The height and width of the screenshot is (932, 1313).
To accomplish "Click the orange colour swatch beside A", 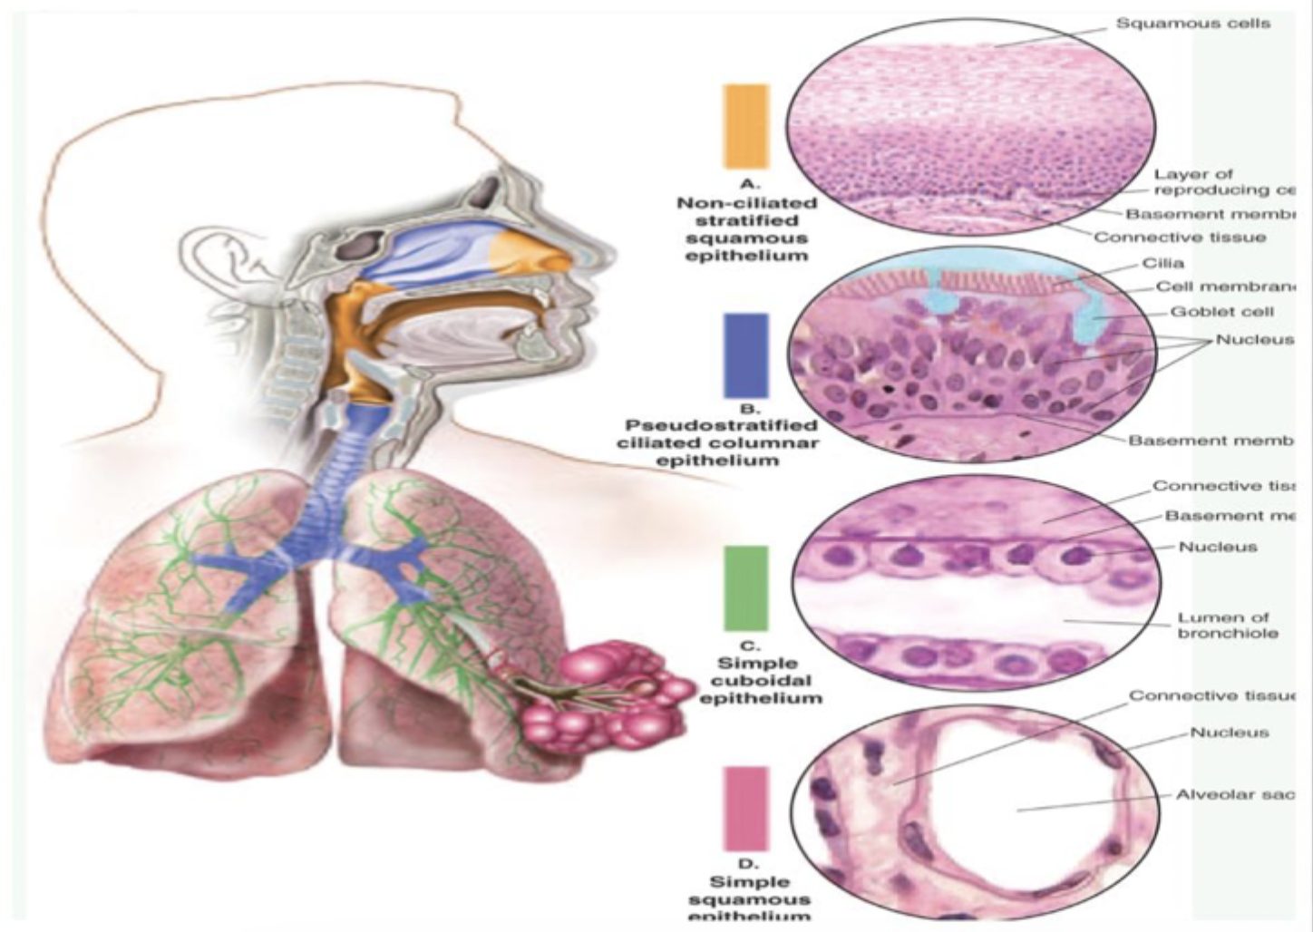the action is [x=746, y=126].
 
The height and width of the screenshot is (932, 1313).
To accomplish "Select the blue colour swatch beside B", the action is [x=746, y=354].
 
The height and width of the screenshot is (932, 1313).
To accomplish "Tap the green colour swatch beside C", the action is [x=746, y=587].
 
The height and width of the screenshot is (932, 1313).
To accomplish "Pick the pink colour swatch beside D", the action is [x=746, y=809].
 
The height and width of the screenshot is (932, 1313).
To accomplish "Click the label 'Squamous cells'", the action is [x=1192, y=24].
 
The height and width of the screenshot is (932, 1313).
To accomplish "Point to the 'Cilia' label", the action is [x=1163, y=264].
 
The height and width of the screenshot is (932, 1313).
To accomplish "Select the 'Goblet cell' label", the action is [x=1222, y=312].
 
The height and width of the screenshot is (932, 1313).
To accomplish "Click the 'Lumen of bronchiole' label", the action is [x=1228, y=625].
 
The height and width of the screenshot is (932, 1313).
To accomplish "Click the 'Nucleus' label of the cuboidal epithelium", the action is [x=1217, y=547].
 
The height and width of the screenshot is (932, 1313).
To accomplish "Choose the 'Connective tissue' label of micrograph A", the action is [x=1180, y=238].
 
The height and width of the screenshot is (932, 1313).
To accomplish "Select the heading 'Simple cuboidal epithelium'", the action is [x=760, y=680].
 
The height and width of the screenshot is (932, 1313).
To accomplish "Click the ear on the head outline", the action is [x=228, y=263].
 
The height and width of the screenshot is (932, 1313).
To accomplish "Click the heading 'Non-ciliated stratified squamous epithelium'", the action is [x=746, y=228].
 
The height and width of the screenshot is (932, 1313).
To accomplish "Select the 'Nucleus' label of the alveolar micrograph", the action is [x=1229, y=733].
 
